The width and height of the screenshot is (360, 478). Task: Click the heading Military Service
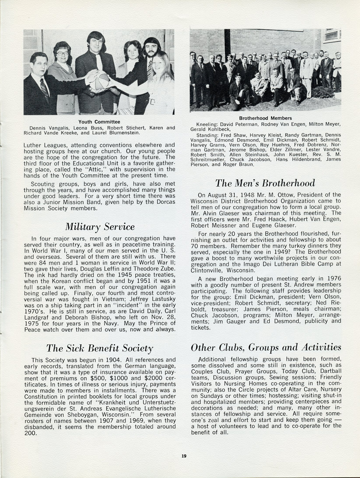pos(100,227)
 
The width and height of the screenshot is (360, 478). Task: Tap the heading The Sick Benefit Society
pos(100,348)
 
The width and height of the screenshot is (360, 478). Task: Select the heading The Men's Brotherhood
pos(265,183)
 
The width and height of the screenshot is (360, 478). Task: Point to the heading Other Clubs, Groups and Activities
pos(266,347)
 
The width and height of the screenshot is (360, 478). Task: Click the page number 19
pos(184,456)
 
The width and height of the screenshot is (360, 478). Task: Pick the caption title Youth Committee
pos(99,122)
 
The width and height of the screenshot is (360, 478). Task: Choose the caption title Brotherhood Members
pos(265,118)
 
